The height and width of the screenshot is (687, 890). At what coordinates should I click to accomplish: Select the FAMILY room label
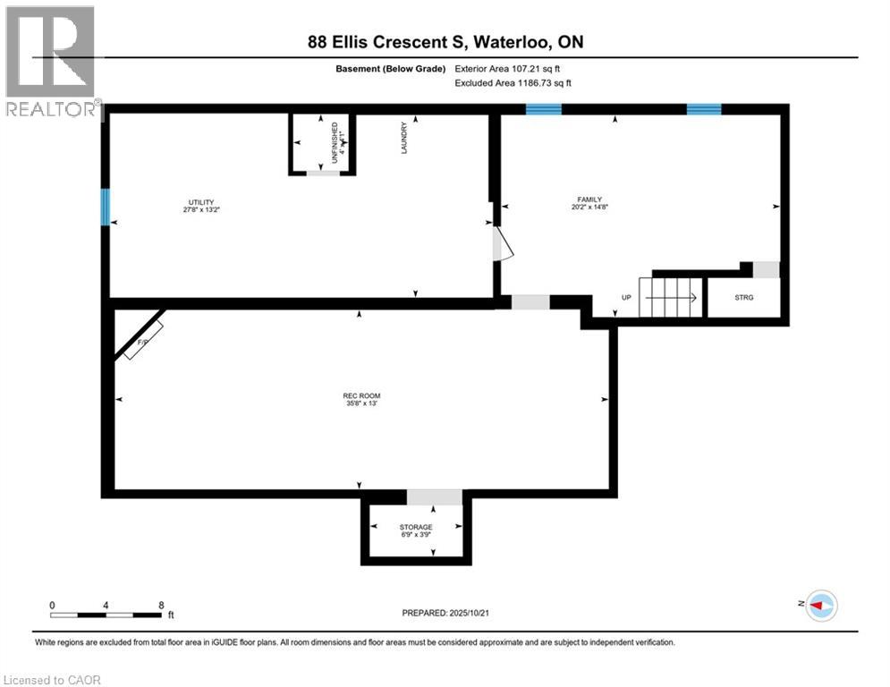point(589,199)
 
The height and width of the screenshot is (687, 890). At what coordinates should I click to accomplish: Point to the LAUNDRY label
point(404,139)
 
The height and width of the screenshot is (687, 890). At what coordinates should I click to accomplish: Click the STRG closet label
point(743,298)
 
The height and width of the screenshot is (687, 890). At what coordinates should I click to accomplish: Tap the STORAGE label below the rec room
point(416,527)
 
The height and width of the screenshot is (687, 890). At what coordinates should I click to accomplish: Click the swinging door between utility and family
point(503,243)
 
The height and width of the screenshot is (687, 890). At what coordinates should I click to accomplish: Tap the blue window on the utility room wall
point(105,207)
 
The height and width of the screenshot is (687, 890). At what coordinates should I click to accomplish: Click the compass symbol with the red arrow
point(820,606)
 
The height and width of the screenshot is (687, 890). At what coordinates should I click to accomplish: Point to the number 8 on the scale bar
point(161,606)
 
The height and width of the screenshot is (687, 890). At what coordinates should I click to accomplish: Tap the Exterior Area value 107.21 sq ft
point(536,68)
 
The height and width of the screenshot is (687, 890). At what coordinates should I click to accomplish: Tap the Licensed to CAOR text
point(54,680)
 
